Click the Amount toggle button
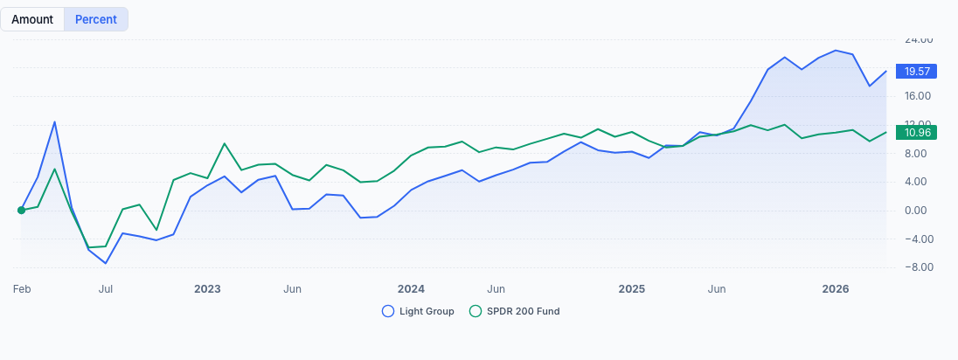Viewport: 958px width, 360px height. point(32,19)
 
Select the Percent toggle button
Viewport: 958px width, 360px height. point(96,19)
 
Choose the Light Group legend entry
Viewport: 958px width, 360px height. point(419,311)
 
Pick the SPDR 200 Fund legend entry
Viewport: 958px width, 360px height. point(515,311)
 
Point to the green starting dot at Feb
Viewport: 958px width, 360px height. point(21,210)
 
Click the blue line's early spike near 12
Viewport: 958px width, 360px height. point(55,121)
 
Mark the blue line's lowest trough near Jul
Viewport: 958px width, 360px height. point(106,263)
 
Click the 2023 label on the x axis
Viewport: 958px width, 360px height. point(207,288)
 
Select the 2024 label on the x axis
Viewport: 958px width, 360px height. point(411,288)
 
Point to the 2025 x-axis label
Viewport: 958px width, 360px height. point(631,288)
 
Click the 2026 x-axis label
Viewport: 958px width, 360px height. point(836,288)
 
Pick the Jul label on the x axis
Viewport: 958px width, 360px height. point(106,288)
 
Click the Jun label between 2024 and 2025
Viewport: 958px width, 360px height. point(496,288)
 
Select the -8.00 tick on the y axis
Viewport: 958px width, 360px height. point(918,267)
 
